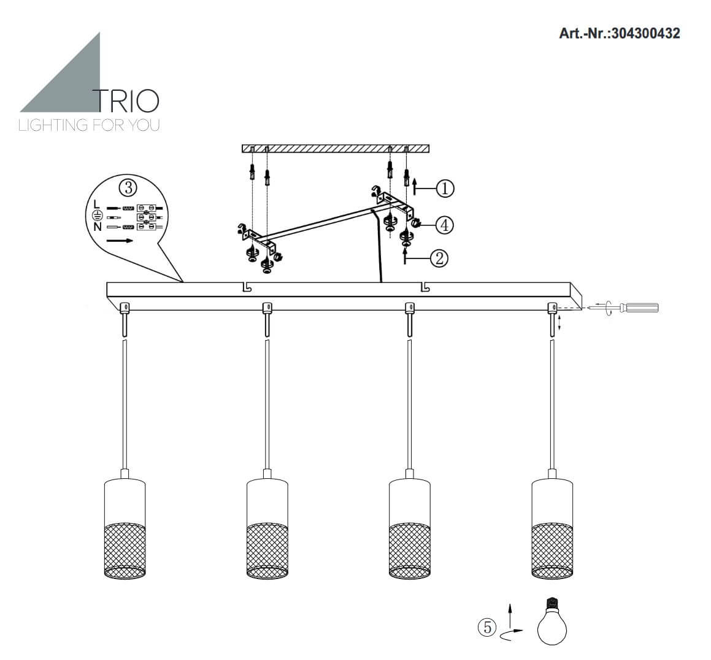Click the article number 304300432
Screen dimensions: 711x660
(x=645, y=33)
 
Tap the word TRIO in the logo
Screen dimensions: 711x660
(x=126, y=101)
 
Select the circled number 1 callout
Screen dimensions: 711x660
(x=445, y=188)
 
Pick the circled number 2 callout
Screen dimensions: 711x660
(x=439, y=258)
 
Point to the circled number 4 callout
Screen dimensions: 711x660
(x=445, y=225)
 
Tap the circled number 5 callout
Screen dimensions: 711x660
(x=487, y=627)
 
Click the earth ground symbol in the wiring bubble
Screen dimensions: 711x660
(x=98, y=216)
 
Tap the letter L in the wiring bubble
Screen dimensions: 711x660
(x=96, y=205)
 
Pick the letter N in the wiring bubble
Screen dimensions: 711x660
(x=98, y=227)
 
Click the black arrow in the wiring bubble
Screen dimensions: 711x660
(x=120, y=241)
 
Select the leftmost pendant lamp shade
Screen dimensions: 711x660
(x=125, y=528)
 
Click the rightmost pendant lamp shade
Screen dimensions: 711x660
(x=552, y=528)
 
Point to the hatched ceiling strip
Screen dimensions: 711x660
(x=336, y=149)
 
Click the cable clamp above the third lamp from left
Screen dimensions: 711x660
(x=409, y=308)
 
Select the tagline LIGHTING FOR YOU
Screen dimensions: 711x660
(x=90, y=125)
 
